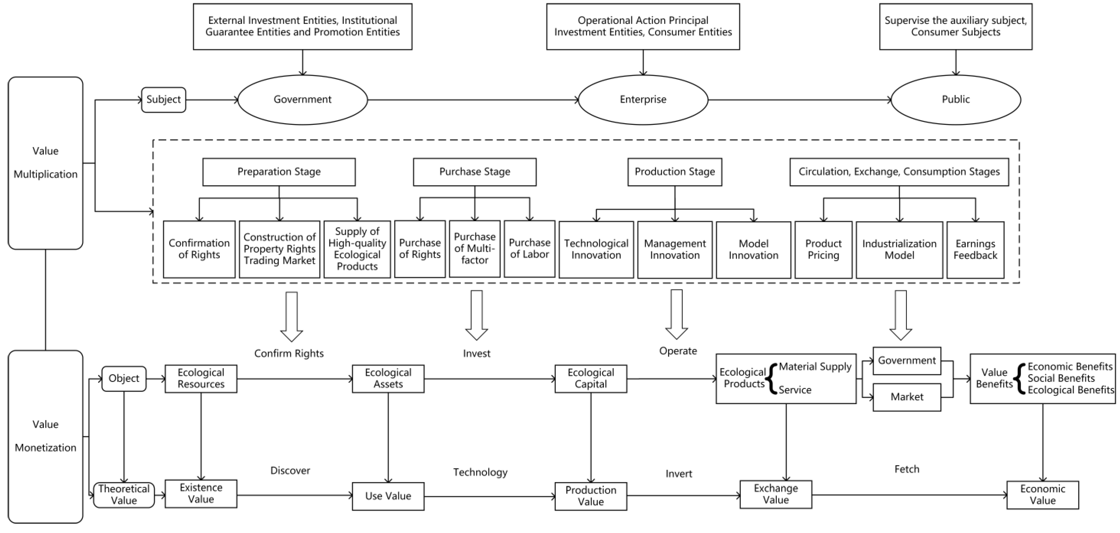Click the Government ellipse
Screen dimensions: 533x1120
coord(303,100)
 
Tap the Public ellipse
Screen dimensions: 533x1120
coord(955,100)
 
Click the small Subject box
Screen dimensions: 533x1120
coord(163,100)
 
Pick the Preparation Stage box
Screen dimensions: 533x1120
coord(279,172)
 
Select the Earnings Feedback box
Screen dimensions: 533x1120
coord(975,249)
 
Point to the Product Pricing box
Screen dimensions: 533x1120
coord(823,249)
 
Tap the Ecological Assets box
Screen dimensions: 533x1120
coord(388,378)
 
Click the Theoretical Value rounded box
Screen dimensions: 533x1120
coord(124,495)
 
